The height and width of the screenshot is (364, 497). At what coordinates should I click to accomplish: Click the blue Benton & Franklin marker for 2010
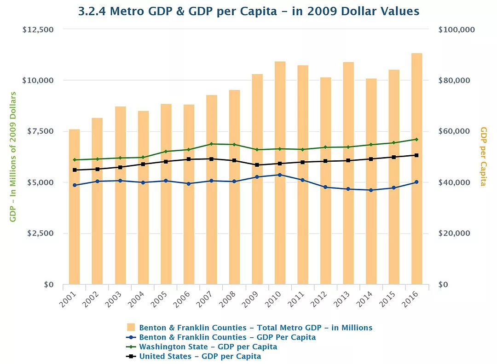pos(280,175)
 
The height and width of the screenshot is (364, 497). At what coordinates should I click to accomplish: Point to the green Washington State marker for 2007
pos(211,144)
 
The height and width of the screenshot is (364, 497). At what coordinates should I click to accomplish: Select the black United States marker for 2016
pos(416,155)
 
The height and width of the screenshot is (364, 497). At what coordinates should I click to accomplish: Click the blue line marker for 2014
pos(371,190)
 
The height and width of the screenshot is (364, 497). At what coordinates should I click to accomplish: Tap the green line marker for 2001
pos(74,160)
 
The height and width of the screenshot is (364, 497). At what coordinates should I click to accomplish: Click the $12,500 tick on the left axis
pos(38,29)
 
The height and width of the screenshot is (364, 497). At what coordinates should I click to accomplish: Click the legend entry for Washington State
pos(208,346)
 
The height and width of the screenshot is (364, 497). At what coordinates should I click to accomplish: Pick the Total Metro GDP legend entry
pos(255,328)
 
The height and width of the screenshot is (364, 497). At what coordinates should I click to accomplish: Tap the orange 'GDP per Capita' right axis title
pos(483,157)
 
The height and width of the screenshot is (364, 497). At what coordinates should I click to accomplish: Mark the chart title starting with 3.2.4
pos(248,12)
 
